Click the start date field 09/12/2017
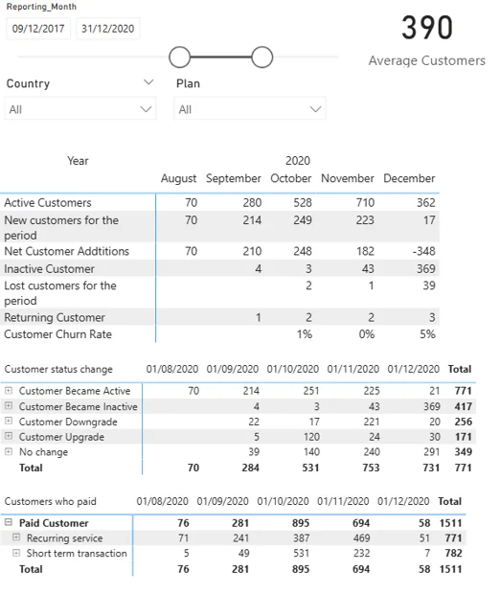38,29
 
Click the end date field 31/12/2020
107,29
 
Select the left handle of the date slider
179,57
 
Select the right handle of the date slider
261,57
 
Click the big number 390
426,29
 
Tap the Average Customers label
426,60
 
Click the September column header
233,178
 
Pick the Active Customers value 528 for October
301,202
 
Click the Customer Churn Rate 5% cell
426,334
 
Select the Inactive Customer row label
49,269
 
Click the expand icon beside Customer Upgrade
9,437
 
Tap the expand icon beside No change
9,451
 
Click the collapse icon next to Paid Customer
9,523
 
